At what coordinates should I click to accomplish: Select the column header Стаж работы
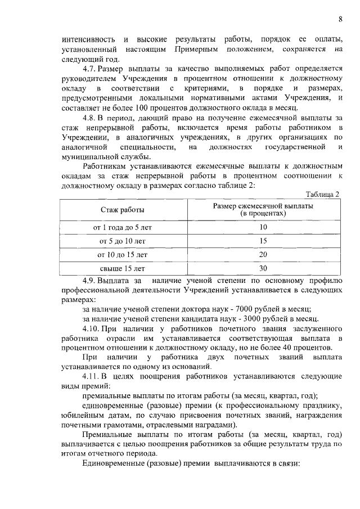123,210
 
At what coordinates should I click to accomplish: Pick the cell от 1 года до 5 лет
123,228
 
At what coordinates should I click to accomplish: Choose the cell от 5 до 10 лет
123,241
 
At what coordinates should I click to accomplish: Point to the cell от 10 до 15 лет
123,255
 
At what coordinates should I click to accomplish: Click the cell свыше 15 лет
123,268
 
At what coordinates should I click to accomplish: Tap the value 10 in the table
263,228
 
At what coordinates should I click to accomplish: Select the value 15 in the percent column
263,241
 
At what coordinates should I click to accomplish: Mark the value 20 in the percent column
263,255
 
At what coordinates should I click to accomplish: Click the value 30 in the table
263,268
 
